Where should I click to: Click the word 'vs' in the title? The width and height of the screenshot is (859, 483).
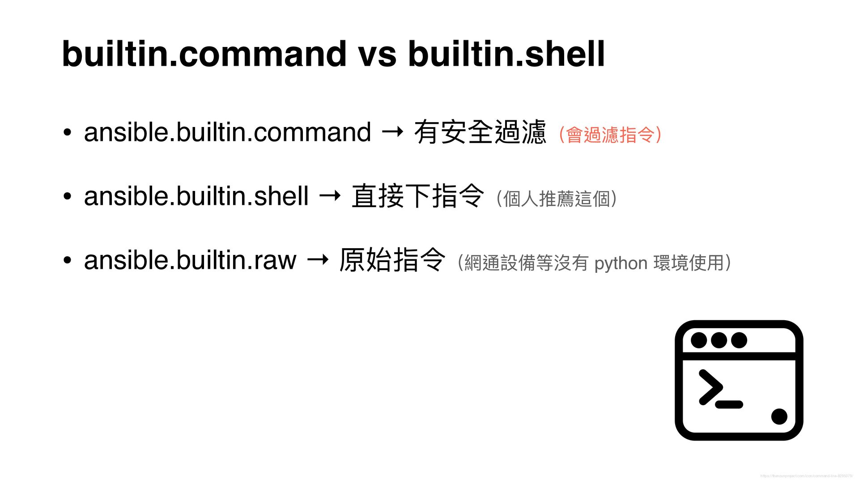377,54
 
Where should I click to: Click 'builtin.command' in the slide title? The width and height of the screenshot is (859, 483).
204,54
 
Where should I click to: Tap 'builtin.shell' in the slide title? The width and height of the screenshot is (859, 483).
506,54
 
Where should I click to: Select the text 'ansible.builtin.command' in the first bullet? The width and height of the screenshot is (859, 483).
227,132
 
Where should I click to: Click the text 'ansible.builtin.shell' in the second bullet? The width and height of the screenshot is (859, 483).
196,196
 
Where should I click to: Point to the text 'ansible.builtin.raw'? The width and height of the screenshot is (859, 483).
190,260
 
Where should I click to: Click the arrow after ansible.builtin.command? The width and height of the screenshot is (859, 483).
392,132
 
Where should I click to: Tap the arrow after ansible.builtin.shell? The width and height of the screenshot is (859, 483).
330,196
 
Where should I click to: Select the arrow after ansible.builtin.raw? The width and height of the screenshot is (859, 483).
318,260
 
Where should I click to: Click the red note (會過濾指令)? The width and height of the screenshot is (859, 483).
610,135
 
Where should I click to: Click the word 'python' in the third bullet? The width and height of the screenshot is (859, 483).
621,263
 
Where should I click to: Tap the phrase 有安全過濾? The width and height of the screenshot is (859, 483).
480,132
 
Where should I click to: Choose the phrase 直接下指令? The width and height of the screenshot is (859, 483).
418,196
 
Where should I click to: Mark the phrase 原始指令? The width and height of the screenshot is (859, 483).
392,260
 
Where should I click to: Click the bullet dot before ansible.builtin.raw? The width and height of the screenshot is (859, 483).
67,260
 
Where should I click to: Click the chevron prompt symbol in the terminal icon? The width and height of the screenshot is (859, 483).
710,387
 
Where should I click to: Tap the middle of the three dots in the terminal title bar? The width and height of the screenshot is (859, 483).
719,340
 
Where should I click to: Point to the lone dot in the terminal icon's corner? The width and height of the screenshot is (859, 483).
779,416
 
